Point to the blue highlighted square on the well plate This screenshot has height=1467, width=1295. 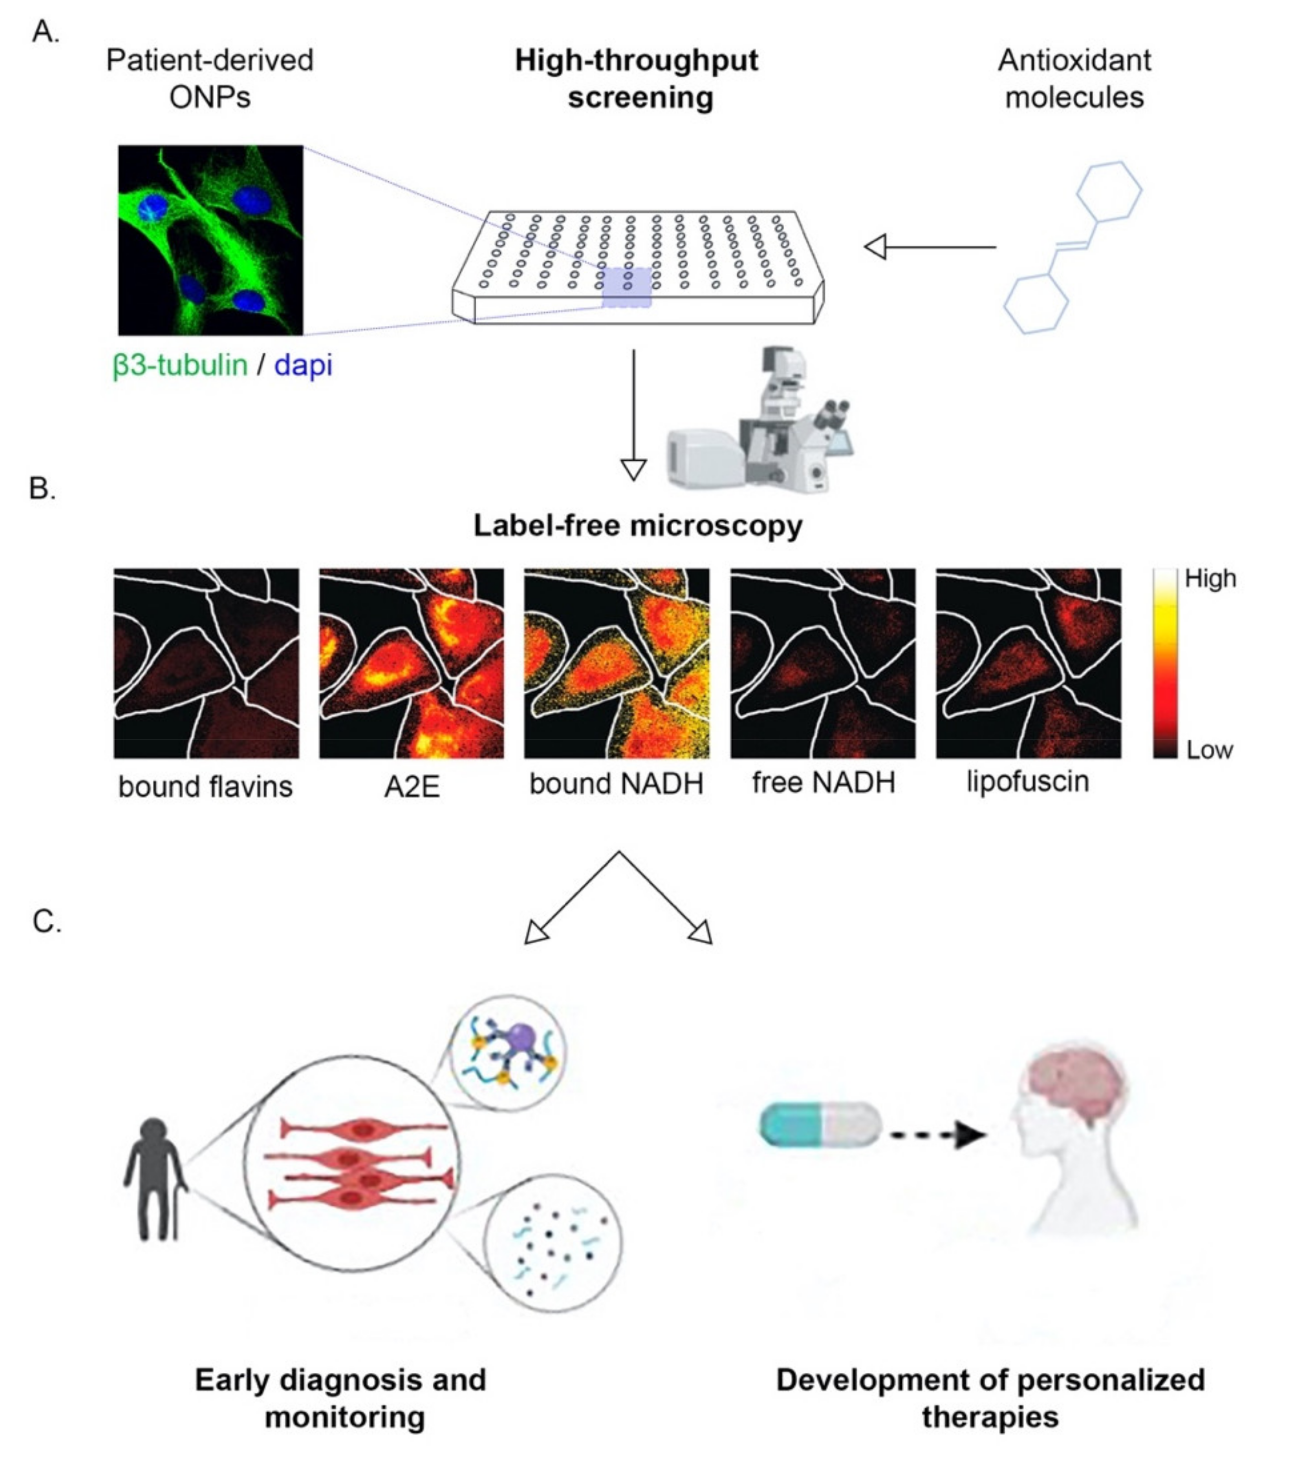pos(627,288)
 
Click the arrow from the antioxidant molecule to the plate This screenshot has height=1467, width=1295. pos(930,247)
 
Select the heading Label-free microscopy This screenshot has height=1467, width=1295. pos(637,525)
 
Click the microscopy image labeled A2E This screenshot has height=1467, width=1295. pos(411,663)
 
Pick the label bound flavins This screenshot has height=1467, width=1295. pos(205,787)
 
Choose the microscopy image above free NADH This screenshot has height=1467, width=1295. pos(823,663)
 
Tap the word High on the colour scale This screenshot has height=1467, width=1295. pos(1210,578)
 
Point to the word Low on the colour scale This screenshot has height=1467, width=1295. pos(1210,750)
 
